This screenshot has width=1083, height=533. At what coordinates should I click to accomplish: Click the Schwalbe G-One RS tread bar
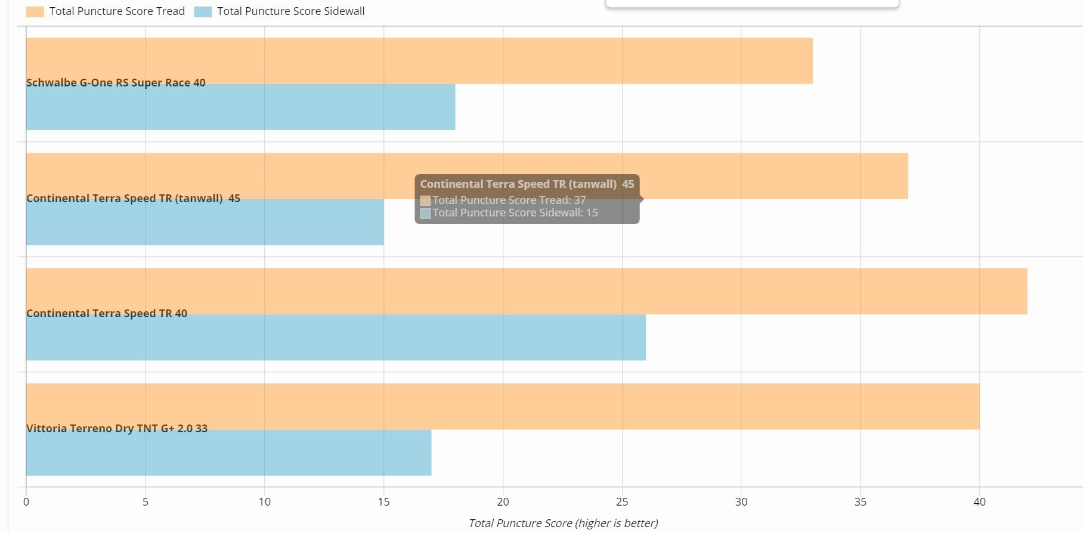coord(477,60)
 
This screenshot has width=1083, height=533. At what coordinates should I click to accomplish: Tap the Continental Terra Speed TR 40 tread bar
coord(596,290)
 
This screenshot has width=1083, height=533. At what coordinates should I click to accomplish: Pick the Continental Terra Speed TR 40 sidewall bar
coord(417,339)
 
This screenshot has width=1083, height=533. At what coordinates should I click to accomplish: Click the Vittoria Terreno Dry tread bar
coord(596,405)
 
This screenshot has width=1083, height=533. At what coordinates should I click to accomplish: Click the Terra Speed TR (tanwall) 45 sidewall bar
coord(239,224)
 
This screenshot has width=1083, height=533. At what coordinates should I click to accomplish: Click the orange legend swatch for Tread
coord(35,12)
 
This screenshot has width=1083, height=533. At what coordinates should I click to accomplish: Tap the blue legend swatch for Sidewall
coord(203,12)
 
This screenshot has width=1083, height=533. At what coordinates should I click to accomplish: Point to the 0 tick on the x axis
coord(26,502)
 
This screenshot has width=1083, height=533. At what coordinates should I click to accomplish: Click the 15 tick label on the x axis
coord(383,502)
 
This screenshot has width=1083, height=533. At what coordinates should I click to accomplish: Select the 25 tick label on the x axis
coord(622,502)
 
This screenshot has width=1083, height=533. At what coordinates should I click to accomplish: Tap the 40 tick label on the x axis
coord(979,502)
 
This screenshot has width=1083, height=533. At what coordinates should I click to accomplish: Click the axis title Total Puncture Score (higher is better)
coord(563,523)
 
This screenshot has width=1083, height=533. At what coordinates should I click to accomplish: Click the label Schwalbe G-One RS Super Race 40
coord(116,83)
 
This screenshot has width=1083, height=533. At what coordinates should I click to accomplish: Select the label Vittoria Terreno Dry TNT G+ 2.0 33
coord(117,429)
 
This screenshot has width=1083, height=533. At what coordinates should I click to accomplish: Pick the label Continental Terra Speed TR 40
coord(107,314)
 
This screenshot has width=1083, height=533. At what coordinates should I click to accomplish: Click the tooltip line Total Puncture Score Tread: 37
coord(509,200)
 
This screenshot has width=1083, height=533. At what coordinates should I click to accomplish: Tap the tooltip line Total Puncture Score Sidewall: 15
coord(515,213)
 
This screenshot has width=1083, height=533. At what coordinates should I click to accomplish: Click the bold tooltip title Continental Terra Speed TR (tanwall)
coord(518,184)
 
